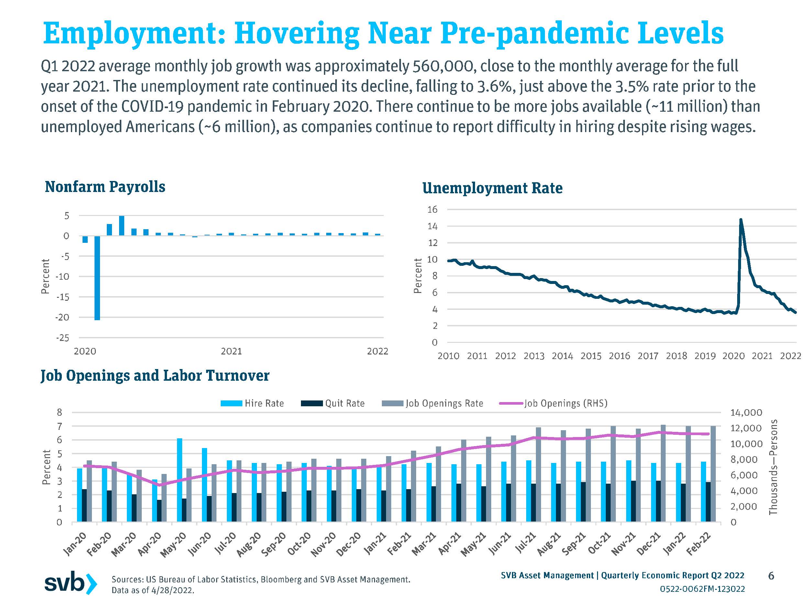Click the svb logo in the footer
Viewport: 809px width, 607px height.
click(x=71, y=582)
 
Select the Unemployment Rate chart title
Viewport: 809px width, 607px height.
click(x=492, y=188)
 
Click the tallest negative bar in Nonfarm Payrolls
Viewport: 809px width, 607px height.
click(x=97, y=278)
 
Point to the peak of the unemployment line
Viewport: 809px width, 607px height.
click(x=741, y=220)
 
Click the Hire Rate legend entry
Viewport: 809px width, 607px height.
click(x=252, y=403)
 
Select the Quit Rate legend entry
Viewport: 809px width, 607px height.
click(x=333, y=403)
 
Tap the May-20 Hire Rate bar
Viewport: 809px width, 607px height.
click(x=180, y=479)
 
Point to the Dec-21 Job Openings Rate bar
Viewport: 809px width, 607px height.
click(x=663, y=473)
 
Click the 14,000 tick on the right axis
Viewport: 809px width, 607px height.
click(x=746, y=413)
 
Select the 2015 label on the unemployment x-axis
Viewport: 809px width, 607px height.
click(x=591, y=356)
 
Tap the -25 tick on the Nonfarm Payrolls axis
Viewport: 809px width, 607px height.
click(x=62, y=338)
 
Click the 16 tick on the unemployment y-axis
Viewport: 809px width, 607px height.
click(x=432, y=210)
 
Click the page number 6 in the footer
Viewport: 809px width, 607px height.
click(x=771, y=576)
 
